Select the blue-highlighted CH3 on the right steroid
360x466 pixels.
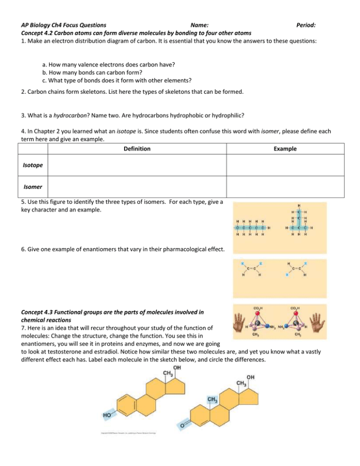(212, 399)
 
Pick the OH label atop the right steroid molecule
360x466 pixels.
(251, 376)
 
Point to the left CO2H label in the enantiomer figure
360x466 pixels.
(258, 307)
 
